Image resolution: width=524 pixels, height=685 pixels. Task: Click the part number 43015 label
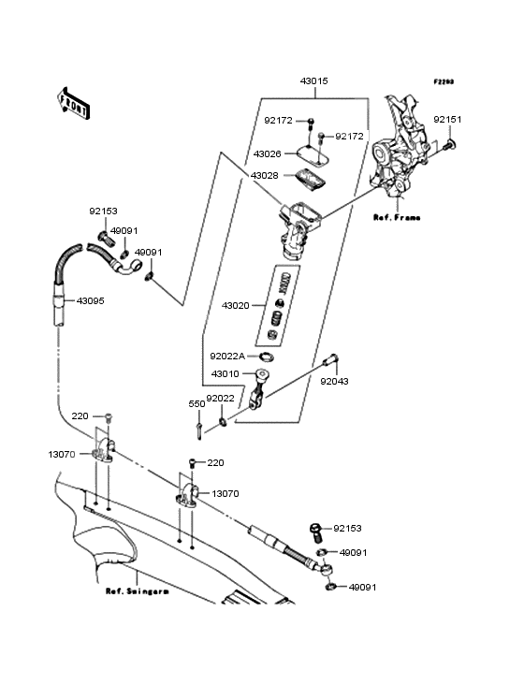pos(313,81)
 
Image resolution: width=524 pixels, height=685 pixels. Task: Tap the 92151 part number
pos(446,120)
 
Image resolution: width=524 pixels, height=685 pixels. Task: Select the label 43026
pos(267,153)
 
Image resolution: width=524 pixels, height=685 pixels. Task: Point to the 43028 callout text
pos(264,175)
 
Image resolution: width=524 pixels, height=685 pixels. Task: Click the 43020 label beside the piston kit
pos(236,305)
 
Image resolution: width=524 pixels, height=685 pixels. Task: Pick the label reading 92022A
pos(227,356)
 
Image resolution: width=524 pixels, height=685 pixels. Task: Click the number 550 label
pos(196,403)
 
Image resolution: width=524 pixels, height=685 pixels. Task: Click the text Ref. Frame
pos(397,217)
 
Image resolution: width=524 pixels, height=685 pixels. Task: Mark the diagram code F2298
pos(443,81)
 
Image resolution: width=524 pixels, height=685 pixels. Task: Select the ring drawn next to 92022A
pos(265,356)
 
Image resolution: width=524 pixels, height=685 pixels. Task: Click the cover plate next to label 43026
pos(312,153)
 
